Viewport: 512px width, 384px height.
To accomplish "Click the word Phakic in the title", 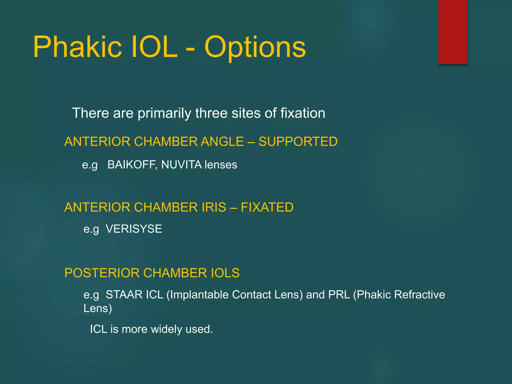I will [77, 47].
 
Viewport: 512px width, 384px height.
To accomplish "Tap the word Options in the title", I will [255, 47].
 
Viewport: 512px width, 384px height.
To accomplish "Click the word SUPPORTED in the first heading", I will [298, 141].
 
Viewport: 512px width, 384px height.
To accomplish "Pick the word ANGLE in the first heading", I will [222, 141].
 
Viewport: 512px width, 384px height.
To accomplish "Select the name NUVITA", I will [181, 165].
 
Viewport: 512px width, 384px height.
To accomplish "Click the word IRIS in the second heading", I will [214, 207].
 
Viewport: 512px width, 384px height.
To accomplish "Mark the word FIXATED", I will [267, 207].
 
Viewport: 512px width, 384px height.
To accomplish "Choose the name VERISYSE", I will [134, 229].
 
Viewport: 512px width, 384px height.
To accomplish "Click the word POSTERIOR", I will [102, 273].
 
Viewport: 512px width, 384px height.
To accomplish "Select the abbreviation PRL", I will [339, 295].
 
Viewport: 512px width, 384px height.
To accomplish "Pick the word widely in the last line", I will [166, 329].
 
